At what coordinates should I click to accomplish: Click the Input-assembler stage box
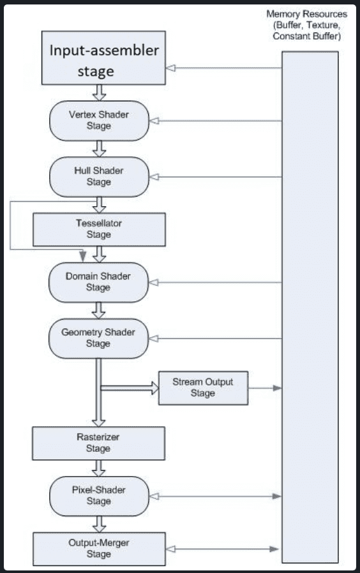point(103,57)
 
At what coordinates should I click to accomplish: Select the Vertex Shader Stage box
point(99,121)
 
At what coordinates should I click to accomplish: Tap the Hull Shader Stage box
point(99,177)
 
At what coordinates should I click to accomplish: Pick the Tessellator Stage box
point(99,230)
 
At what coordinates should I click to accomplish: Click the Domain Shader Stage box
point(99,282)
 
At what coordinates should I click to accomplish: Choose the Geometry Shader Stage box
point(99,338)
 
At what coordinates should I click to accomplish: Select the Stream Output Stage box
point(203,388)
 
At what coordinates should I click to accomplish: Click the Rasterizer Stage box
point(99,443)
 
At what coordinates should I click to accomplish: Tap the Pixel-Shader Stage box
point(99,496)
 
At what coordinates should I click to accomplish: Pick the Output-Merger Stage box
point(99,549)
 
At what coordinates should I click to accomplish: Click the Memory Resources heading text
point(306,25)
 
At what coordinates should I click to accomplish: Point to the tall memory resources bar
point(310,307)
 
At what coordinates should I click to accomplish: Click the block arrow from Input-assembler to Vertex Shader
point(99,93)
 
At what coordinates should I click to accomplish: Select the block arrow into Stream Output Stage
point(130,388)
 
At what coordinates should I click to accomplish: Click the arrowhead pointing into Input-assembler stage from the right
point(170,68)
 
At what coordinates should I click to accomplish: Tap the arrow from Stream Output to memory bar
point(265,388)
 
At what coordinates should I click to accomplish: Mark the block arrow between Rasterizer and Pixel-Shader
point(99,468)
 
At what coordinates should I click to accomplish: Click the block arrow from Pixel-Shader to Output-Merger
point(99,525)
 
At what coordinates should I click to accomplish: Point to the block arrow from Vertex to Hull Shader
point(99,149)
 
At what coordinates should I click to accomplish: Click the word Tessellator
point(99,223)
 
